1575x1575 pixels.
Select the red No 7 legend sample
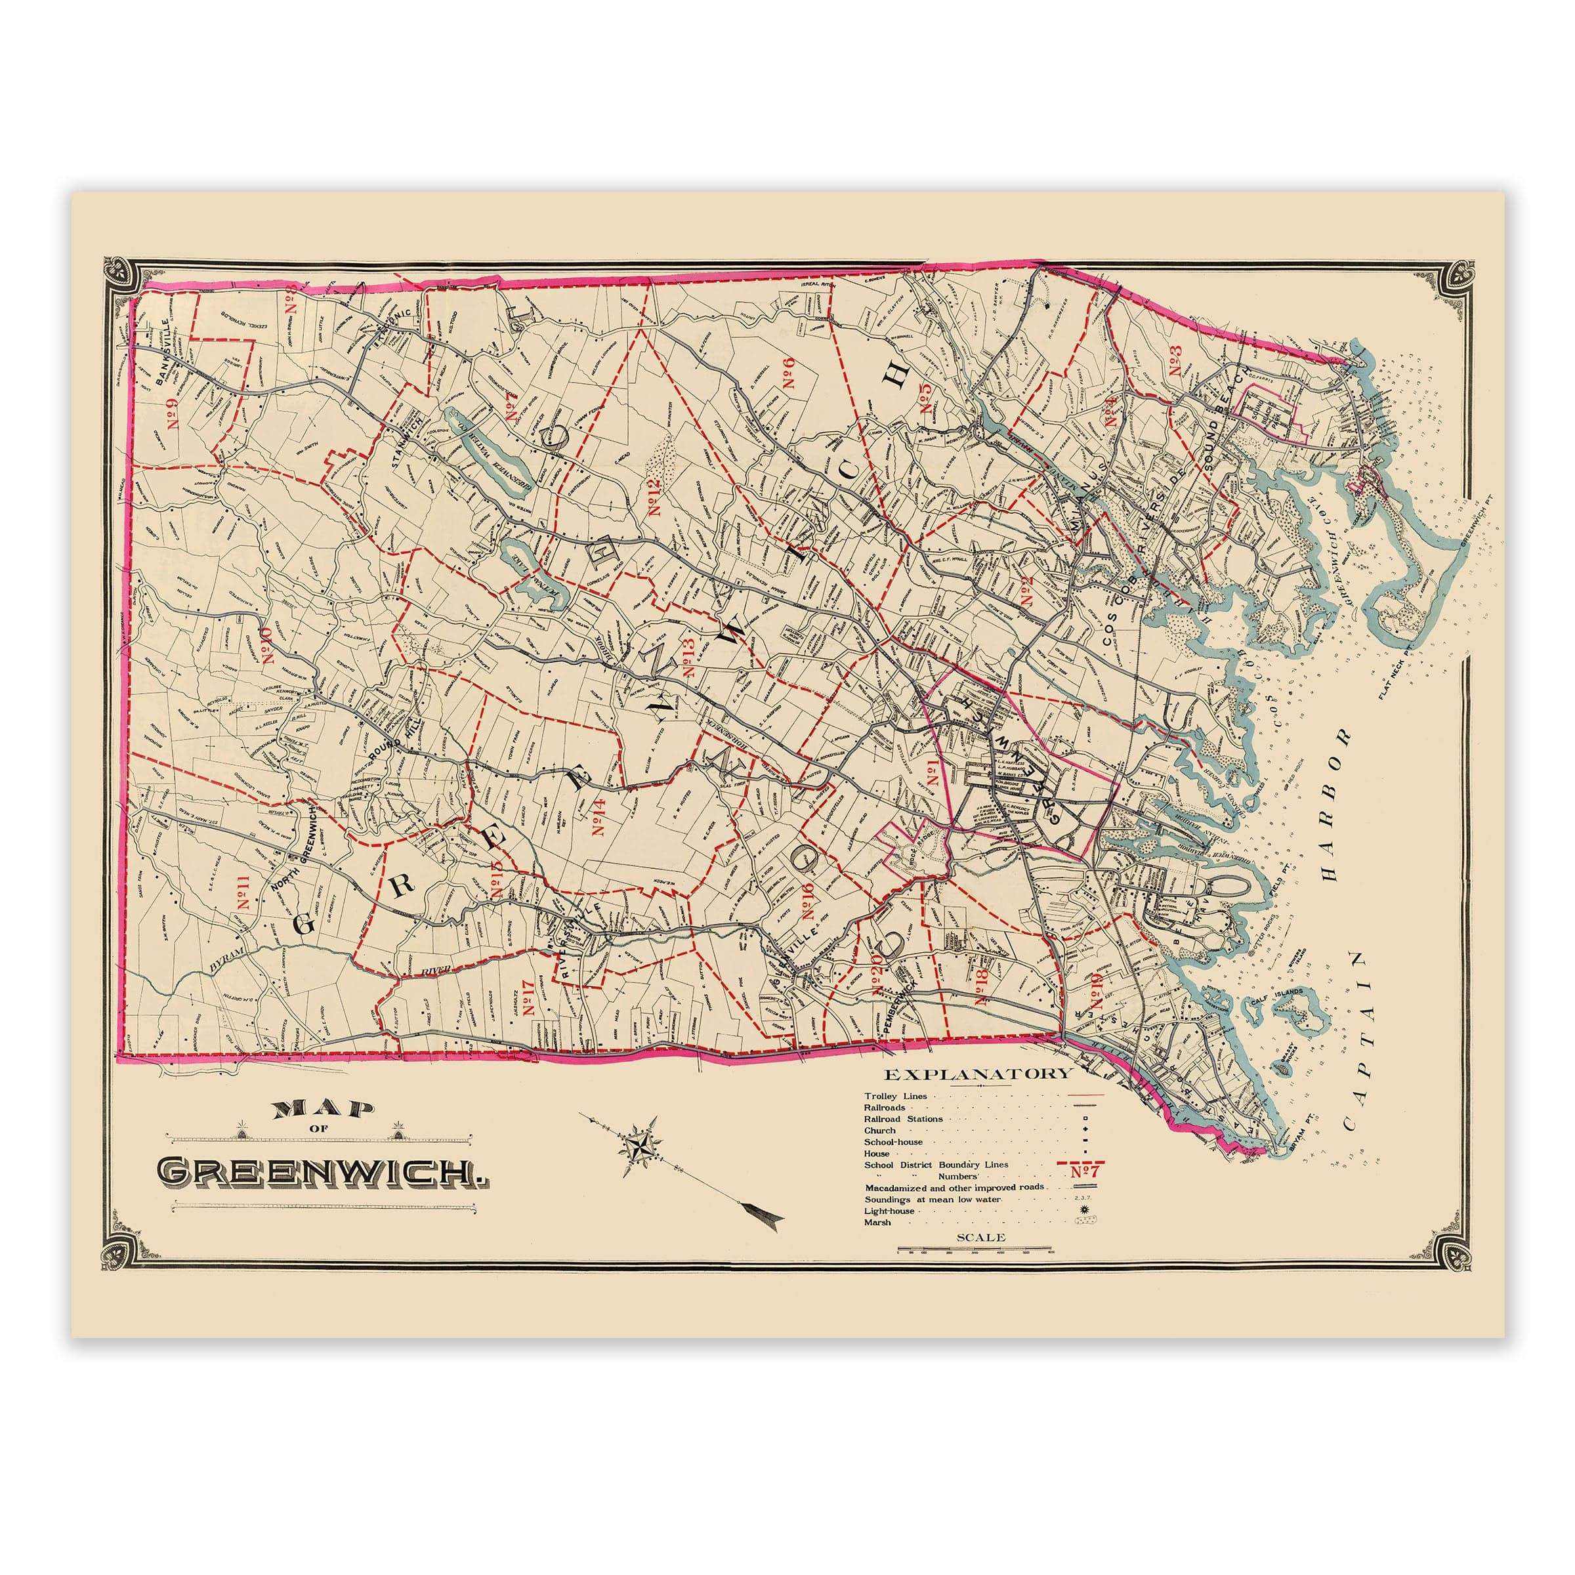tap(1084, 1171)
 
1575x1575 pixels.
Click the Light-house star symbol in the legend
tap(1083, 1211)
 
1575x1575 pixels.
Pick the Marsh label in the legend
tap(878, 1223)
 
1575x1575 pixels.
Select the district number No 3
tap(1175, 361)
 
